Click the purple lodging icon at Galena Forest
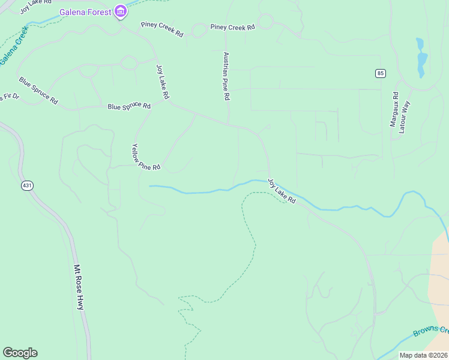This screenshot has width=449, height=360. click(121, 11)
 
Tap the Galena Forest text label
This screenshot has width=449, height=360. click(86, 11)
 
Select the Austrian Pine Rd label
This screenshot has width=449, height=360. click(226, 76)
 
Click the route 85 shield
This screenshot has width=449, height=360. click(380, 73)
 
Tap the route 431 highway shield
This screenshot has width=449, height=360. click(27, 185)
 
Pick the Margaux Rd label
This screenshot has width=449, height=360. click(395, 109)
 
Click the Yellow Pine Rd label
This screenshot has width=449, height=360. click(146, 157)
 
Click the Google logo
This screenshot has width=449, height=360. click(20, 353)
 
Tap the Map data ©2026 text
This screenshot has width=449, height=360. click(423, 355)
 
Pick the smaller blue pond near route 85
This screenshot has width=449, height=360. click(419, 44)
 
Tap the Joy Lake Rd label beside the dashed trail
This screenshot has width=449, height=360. click(282, 191)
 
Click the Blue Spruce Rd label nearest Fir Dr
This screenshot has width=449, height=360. click(38, 90)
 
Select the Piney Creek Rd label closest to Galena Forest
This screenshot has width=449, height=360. click(162, 28)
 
